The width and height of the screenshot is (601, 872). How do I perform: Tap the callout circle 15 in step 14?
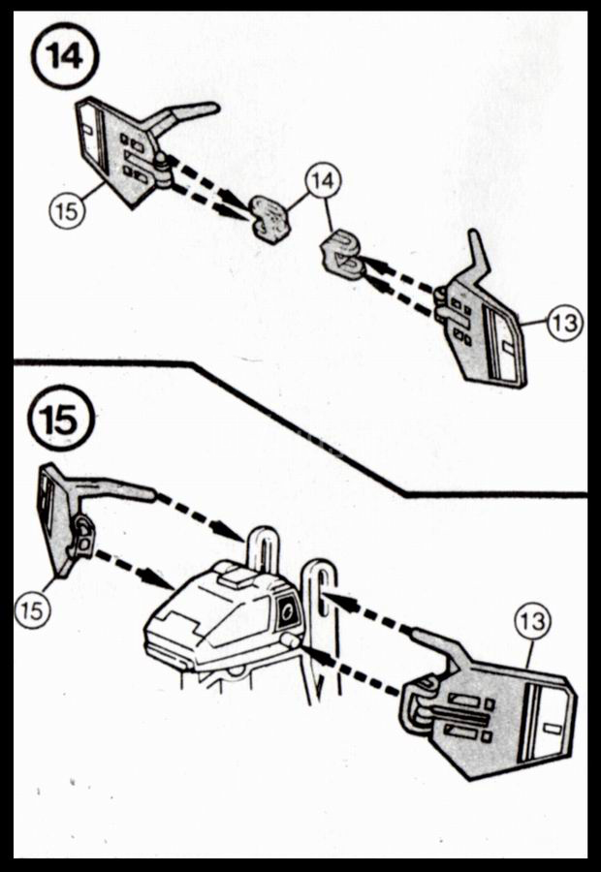[66, 212]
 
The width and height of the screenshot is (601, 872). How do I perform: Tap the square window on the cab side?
[288, 612]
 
